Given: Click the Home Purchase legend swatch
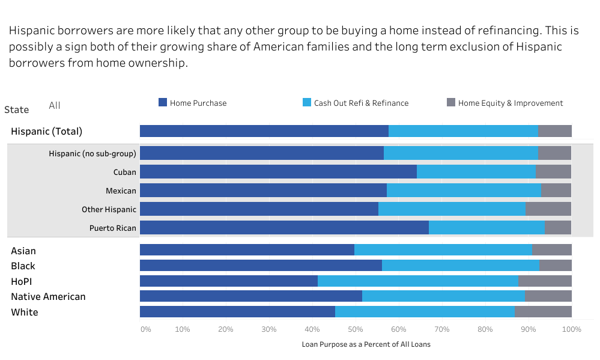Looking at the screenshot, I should [x=163, y=103].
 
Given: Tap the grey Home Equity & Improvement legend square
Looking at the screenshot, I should [x=451, y=103].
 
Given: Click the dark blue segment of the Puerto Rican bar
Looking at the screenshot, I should [x=284, y=228].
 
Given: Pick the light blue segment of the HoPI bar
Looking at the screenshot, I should [x=418, y=281].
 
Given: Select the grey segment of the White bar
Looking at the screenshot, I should [x=543, y=311].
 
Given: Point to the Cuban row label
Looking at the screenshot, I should [x=125, y=172].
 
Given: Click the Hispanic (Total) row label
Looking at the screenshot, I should [x=46, y=131].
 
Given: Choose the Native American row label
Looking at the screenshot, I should [x=48, y=296].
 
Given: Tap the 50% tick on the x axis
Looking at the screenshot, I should [x=356, y=329].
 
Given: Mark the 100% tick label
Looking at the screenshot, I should [x=571, y=329].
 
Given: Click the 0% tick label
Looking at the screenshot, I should [x=145, y=329].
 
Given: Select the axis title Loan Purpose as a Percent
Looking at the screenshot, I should [x=366, y=344].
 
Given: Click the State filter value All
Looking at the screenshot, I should [x=55, y=105].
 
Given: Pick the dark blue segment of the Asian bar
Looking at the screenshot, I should [x=247, y=250].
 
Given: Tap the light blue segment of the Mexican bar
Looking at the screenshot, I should [x=464, y=191].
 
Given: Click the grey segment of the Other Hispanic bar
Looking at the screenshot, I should [x=548, y=209].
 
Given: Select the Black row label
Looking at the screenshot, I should [x=23, y=266].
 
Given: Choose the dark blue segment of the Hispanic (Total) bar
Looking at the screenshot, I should [x=264, y=131].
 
